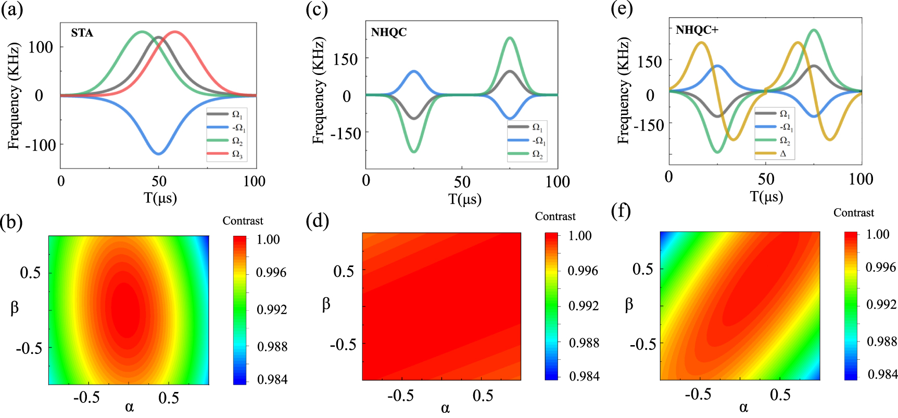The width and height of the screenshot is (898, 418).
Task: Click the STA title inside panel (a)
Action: coord(82,33)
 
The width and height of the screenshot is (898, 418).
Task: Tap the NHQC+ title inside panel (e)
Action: coord(697,30)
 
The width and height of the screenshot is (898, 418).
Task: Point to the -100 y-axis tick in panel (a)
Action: coord(40,145)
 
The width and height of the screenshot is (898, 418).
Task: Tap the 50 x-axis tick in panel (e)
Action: coord(766,179)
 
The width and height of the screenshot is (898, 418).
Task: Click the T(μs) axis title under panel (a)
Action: coord(160,198)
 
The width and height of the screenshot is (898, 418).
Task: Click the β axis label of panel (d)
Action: coord(326,304)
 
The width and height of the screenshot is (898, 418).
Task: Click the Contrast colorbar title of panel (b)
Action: coord(243,221)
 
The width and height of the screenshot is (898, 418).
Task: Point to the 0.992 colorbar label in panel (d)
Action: coord(583,306)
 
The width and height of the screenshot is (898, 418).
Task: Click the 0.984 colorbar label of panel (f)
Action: coord(882,374)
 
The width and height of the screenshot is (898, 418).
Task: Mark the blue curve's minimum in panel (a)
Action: coord(159,154)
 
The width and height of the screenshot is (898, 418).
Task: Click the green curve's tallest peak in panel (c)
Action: coord(510,38)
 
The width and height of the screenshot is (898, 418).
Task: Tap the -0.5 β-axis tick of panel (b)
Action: coord(29,347)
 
